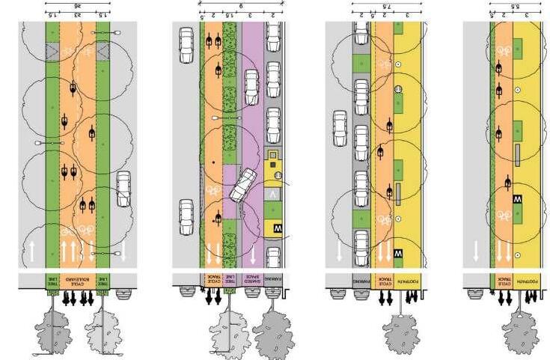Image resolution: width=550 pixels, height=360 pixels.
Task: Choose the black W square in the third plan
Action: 397,254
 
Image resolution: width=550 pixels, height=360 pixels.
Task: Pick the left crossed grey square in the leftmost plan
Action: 52,50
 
